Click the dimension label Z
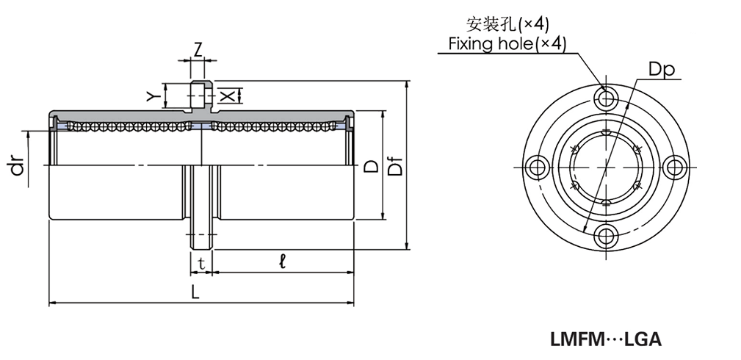(198, 50)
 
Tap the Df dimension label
(394, 167)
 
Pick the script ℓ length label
(283, 260)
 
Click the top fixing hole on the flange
(606, 98)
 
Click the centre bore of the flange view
(606, 167)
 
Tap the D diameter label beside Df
(372, 167)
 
